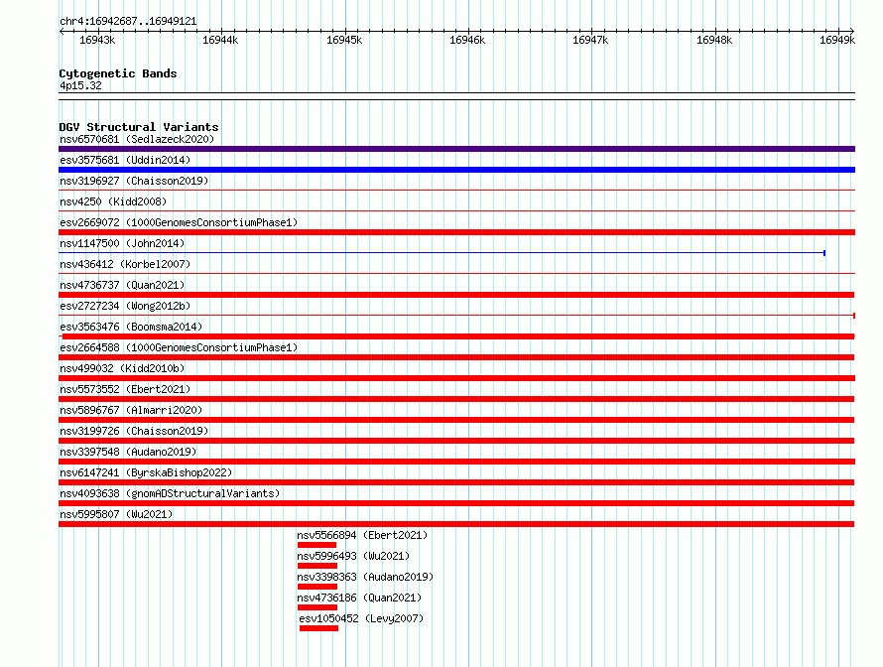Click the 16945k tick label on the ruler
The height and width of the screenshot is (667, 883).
point(344,40)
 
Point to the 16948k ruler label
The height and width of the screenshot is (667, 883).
point(714,40)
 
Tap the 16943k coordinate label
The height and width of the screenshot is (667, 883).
point(97,40)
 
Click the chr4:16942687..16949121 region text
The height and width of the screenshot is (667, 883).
point(128,22)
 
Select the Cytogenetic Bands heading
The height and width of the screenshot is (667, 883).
point(118,73)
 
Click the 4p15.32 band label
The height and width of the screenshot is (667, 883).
point(80,85)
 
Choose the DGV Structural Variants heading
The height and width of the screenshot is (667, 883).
point(139,127)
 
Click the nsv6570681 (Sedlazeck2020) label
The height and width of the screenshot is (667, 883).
point(137,139)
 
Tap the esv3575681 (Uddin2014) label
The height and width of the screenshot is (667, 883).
point(125,160)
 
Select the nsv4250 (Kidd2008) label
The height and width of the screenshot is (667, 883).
point(113,201)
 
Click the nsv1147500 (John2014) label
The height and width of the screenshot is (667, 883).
point(122,243)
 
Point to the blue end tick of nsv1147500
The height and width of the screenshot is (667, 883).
point(824,253)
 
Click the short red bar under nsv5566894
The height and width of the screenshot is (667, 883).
point(316,545)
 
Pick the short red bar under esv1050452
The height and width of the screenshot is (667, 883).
point(318,628)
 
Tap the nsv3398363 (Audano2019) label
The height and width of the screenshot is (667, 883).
point(365,577)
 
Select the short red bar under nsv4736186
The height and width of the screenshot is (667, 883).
point(317,607)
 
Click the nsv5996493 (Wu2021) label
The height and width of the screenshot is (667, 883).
point(353,556)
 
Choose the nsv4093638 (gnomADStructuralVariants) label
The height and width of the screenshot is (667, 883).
point(170,493)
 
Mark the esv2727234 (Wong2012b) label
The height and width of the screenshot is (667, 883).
point(125,306)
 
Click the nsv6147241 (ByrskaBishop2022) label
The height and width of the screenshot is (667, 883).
point(146,472)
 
